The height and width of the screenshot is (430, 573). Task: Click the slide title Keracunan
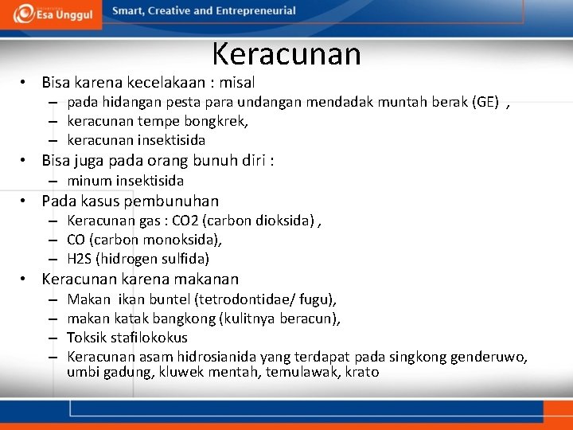coord(286,54)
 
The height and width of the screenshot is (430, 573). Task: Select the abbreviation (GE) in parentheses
coord(486,102)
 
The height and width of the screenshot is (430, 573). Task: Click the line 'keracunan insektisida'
coord(136,140)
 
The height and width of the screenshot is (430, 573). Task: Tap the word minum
coord(88,181)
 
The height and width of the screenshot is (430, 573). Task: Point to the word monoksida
coord(183,240)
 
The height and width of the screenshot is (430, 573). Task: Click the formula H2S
coord(81,259)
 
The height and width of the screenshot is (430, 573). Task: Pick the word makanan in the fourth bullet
coord(208,279)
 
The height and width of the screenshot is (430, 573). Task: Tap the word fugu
coord(318,299)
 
